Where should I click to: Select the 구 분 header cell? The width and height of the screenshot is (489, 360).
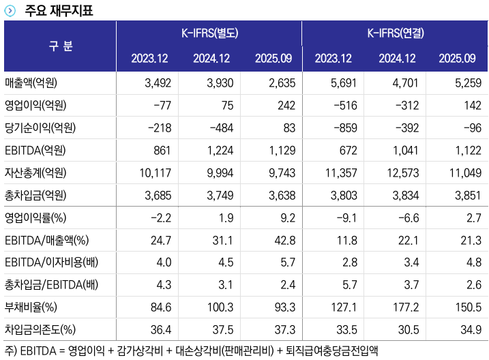click(60, 46)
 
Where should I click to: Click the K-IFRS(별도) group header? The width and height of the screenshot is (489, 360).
click(209, 33)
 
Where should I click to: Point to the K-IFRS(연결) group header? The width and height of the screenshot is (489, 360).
click(396, 33)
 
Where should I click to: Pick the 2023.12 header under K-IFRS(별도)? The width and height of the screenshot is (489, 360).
click(149, 58)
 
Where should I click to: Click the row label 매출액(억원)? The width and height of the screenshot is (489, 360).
click(31, 84)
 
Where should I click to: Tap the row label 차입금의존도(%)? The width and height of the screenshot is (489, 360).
click(40, 329)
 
